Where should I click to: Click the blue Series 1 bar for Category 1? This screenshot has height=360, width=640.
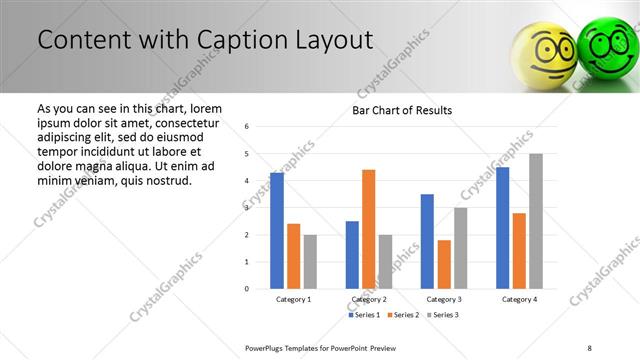tap(277, 231)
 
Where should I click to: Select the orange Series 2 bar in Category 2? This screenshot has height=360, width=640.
tap(368, 229)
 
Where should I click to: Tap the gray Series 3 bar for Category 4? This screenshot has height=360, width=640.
tap(536, 221)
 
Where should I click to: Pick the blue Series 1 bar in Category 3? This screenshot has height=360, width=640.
tap(427, 241)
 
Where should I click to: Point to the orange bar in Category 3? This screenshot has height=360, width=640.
tap(444, 264)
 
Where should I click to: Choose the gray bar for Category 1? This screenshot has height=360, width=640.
tap(310, 262)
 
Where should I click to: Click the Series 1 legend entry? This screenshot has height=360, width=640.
tap(364, 315)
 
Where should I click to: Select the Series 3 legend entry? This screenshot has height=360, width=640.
tap(444, 315)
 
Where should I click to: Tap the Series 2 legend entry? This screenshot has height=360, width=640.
tap(404, 315)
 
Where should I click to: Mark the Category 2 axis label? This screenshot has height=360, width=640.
tap(368, 299)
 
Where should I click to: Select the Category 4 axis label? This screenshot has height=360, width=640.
tap(519, 299)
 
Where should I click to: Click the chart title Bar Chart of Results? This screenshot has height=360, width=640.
tap(402, 110)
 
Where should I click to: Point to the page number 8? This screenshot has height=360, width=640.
tap(590, 347)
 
